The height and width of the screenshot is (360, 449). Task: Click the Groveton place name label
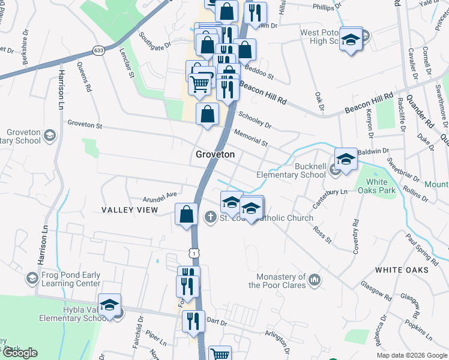(x=214, y=154)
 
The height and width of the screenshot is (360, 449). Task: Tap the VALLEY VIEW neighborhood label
(x=130, y=210)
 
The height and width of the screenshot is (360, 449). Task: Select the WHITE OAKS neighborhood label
(x=402, y=270)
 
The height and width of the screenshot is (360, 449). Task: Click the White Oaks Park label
(x=376, y=187)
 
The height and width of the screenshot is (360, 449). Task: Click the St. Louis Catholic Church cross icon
(x=210, y=217)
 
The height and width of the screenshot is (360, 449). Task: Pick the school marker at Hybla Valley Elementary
(x=109, y=305)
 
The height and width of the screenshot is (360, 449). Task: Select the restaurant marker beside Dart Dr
(x=193, y=321)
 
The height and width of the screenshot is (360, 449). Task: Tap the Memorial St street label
(x=251, y=137)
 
